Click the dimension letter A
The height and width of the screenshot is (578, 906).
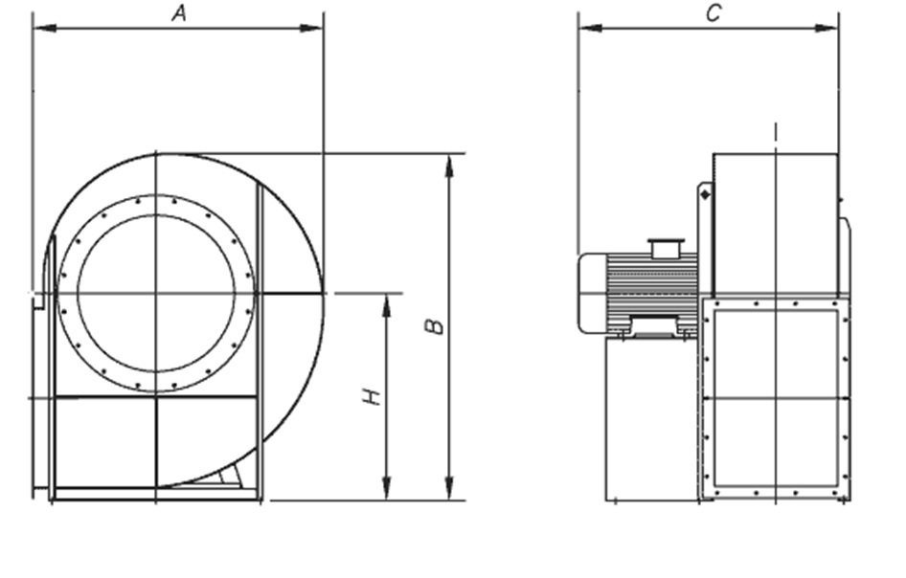pos(178,12)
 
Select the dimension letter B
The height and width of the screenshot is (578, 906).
pos(435,325)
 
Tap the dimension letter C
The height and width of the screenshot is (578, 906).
pos(713,12)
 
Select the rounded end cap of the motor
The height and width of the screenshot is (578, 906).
pos(592,293)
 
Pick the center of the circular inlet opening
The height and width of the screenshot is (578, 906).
pos(156,293)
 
